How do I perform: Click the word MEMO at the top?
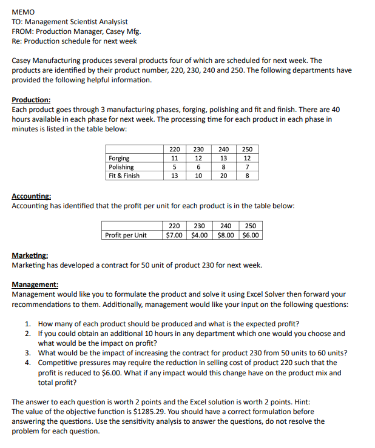click(23, 12)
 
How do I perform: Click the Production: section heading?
click(31, 100)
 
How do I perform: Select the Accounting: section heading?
click(32, 197)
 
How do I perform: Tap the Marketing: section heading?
click(30, 256)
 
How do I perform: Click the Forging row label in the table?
click(119, 159)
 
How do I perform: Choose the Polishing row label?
click(121, 167)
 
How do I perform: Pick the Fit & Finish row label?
click(124, 176)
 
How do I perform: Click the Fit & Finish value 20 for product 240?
click(223, 176)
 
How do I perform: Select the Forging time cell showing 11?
click(174, 159)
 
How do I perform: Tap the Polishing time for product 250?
click(247, 167)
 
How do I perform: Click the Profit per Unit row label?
click(126, 235)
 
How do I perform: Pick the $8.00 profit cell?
click(226, 235)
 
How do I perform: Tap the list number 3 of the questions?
click(28, 353)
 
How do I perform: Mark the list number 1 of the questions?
click(28, 324)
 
